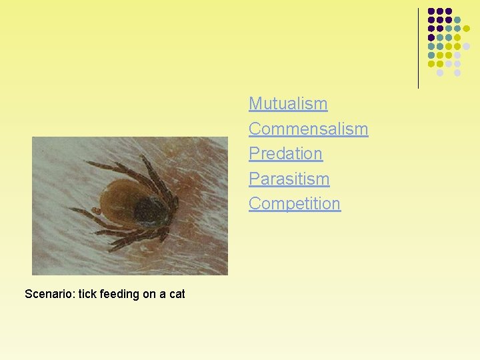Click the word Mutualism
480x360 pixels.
click(288, 104)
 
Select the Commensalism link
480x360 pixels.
click(308, 129)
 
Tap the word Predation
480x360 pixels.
click(285, 153)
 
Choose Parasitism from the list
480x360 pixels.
click(289, 179)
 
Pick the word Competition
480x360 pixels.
click(294, 203)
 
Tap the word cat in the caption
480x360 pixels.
click(177, 294)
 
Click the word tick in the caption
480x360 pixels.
click(87, 294)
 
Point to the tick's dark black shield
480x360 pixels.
click(151, 212)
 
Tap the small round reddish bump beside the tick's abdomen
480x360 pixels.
click(96, 211)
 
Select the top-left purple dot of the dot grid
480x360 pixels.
click(431, 11)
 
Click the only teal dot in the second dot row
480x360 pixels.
click(457, 20)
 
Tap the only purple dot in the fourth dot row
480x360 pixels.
click(431, 37)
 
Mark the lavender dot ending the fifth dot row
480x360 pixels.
click(467, 46)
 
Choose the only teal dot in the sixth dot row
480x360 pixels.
click(431, 55)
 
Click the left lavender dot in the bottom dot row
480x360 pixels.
click(440, 73)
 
